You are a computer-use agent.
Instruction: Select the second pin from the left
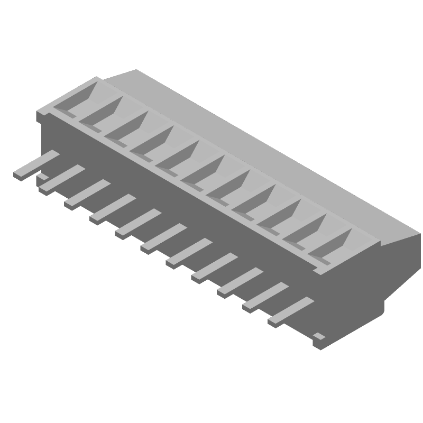pyautogui.click(x=61, y=178)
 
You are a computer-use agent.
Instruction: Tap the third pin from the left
pyautogui.click(x=87, y=193)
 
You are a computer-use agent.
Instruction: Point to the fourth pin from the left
pyautogui.click(x=112, y=208)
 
